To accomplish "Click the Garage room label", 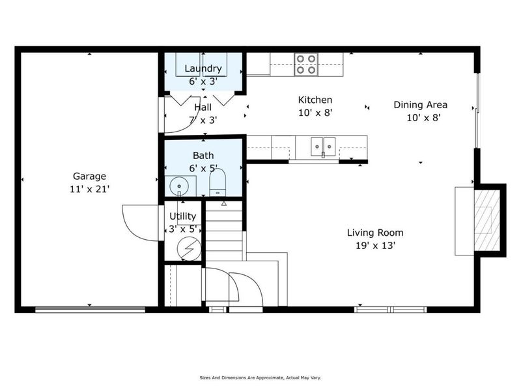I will click(x=89, y=176).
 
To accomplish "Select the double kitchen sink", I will click(x=323, y=147).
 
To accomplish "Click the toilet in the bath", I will click(x=218, y=183).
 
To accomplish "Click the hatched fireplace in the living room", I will click(x=483, y=219).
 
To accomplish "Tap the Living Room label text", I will click(x=374, y=233).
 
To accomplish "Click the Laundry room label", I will click(x=203, y=68).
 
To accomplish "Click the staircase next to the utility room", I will click(x=224, y=231).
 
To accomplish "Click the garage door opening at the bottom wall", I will click(x=90, y=310).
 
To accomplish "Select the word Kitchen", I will click(x=315, y=100).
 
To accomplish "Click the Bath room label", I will click(x=203, y=156).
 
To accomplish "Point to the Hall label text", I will click(x=203, y=108).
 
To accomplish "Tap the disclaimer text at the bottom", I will click(x=260, y=377).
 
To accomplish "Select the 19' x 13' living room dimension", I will click(x=374, y=246).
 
